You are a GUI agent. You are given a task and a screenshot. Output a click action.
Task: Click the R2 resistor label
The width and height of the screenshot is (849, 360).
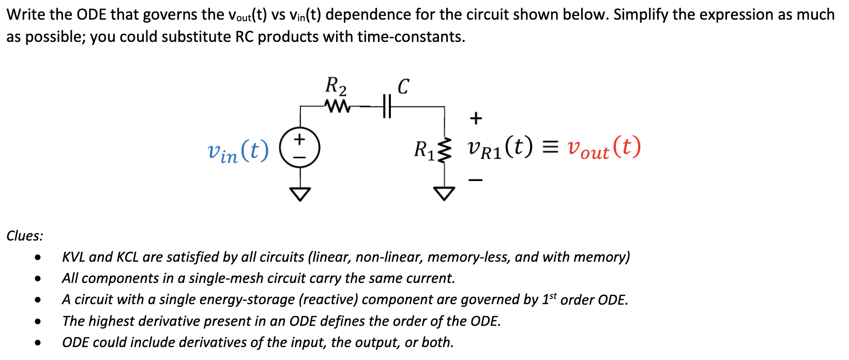[x=336, y=86]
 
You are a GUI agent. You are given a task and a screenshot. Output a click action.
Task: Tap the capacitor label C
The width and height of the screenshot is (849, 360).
[x=403, y=86]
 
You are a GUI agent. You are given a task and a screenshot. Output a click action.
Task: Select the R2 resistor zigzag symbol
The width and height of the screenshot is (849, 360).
[x=337, y=106]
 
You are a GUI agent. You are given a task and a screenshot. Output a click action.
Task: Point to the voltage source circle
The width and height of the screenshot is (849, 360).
[x=300, y=147]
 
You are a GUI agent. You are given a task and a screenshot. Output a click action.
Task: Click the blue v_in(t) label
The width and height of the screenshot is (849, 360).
[x=238, y=151]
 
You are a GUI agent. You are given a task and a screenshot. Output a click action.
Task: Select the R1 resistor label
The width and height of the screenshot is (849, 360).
[x=423, y=149]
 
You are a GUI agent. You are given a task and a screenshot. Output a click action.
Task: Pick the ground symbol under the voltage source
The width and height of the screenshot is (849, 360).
[x=300, y=194]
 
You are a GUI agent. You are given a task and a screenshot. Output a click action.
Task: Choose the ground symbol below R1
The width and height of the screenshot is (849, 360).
[x=444, y=193]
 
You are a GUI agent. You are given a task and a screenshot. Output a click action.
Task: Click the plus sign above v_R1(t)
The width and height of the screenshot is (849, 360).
[x=476, y=118]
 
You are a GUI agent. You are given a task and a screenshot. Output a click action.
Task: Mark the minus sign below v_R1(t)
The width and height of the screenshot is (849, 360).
[x=476, y=180]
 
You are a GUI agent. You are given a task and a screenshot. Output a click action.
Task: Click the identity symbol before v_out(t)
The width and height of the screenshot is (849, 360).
[x=550, y=148]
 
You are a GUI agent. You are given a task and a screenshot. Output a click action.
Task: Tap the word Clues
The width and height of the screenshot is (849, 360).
[x=25, y=236]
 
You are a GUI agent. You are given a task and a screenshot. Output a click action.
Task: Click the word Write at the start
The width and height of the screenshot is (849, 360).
[x=26, y=14]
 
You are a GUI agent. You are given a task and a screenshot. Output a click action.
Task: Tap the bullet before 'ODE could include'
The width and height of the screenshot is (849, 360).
[x=38, y=342]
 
